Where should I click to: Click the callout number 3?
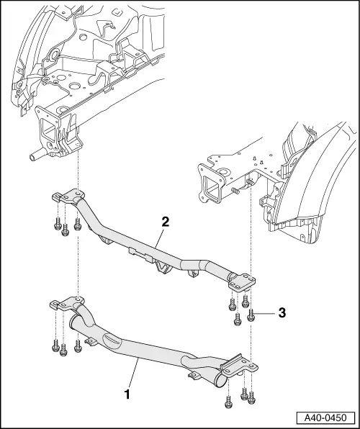pyautogui.click(x=283, y=313)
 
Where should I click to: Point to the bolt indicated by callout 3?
pyautogui.click(x=252, y=314)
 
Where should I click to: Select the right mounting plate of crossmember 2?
pyautogui.click(x=240, y=280)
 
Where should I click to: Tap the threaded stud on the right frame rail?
pyautogui.click(x=238, y=191)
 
